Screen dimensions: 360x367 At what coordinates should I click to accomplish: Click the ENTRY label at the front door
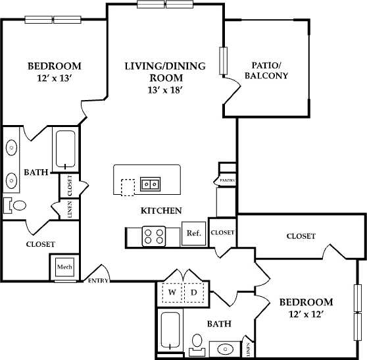click(98, 281)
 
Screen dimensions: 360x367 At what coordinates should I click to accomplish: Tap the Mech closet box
click(64, 267)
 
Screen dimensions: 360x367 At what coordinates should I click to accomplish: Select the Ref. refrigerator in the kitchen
click(193, 234)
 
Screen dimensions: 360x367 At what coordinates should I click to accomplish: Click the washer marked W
click(173, 291)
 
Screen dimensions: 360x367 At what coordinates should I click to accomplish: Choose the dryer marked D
click(195, 291)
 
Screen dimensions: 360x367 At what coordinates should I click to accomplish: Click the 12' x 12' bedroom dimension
click(306, 315)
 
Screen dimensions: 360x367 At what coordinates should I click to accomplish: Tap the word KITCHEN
click(161, 211)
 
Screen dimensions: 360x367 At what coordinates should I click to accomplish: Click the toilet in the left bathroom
click(16, 205)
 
